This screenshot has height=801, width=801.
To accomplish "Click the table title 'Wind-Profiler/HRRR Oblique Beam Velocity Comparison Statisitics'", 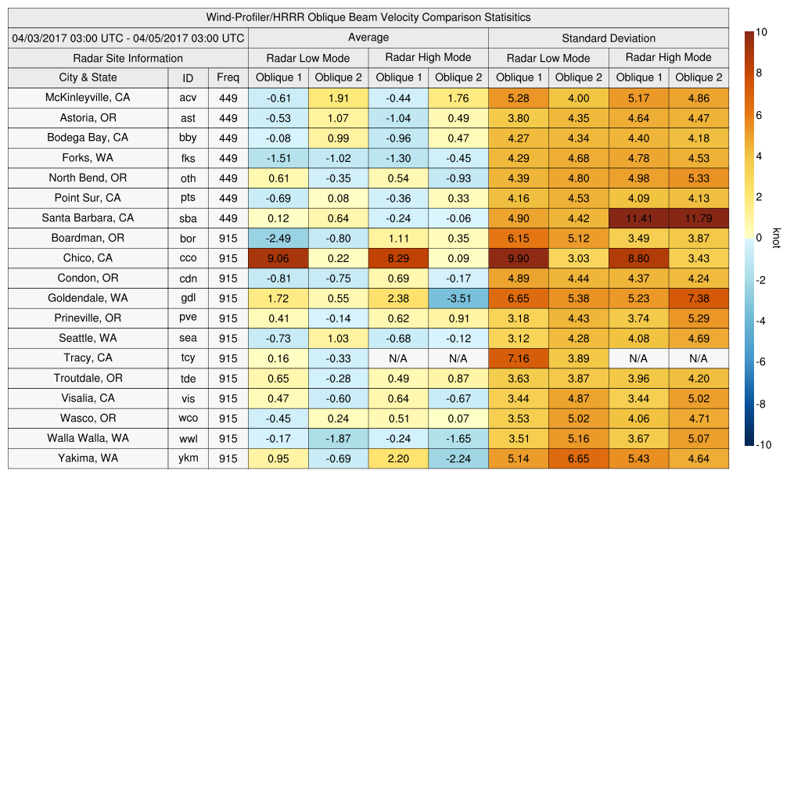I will point(368,17).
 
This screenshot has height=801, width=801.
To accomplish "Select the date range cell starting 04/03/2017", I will point(128,38).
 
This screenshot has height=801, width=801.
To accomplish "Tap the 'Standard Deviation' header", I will point(609,38).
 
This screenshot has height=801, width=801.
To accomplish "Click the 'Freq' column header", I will point(228,77).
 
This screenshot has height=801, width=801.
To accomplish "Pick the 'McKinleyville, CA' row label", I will point(88,98).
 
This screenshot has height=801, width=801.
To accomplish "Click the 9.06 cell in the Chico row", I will point(278,258).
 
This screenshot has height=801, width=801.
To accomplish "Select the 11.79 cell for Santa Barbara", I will point(699,218).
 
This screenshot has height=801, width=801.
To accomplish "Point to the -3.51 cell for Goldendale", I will point(458,298).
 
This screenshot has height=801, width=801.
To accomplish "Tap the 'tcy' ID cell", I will point(188,358).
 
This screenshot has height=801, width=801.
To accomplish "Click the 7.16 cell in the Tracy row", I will point(519,358).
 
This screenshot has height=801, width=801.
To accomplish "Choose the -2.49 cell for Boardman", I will point(278,238).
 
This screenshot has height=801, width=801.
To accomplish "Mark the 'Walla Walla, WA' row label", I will point(88,438).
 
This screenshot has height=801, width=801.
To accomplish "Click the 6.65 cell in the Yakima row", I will point(579,458).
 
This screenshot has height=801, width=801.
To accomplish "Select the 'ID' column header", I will point(188,77).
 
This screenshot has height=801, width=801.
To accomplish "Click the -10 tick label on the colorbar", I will point(763,445).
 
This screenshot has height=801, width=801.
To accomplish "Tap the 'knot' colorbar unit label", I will point(776,238).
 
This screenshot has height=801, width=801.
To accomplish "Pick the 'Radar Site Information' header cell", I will point(128,58).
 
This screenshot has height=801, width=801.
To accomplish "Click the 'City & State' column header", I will point(88,77).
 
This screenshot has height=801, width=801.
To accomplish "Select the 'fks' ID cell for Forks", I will point(188,158).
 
